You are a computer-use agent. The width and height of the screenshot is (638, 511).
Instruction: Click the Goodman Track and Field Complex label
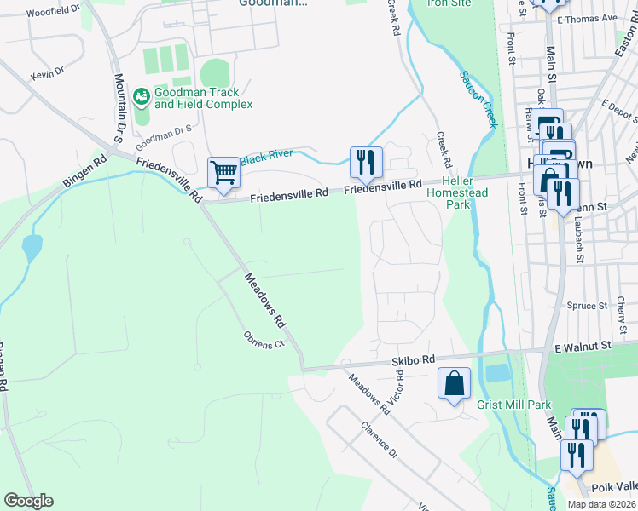[203, 98]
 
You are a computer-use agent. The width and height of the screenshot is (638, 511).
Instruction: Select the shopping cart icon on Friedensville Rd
[223, 172]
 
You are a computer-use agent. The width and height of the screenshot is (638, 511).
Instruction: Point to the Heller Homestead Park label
[461, 193]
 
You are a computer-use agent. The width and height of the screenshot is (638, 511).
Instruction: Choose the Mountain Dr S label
[119, 107]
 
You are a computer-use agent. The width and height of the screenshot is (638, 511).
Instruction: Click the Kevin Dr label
[47, 75]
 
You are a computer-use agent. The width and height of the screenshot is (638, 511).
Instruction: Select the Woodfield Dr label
[53, 11]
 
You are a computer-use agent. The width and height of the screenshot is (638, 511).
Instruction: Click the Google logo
[28, 501]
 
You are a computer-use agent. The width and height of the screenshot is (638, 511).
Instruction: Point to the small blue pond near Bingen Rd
[32, 248]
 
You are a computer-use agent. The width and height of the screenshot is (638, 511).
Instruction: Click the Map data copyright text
[601, 504]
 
